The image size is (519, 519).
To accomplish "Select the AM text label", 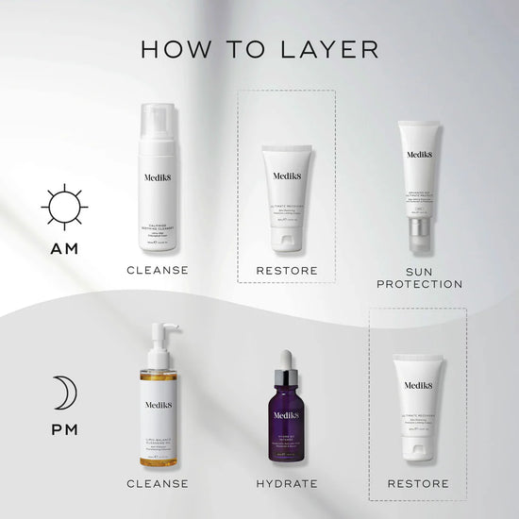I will tap(64, 250).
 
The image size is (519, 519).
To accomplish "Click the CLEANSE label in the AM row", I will tap(158, 270).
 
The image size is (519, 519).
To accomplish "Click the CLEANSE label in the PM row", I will tap(158, 483).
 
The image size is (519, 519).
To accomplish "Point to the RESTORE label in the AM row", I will tap(287, 270).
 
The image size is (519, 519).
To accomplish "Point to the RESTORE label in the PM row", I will tap(418, 483).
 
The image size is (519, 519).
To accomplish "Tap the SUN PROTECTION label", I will tap(418, 276).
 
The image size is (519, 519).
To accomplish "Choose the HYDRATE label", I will tap(287, 483).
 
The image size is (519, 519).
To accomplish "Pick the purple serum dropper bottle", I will tap(287, 415).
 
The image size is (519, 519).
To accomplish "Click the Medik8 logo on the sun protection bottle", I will tap(418, 158).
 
